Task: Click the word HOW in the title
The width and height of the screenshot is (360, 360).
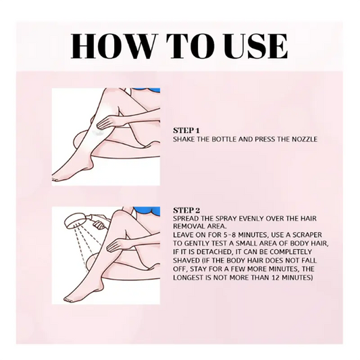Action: [113, 46]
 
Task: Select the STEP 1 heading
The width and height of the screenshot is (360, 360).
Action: [186, 130]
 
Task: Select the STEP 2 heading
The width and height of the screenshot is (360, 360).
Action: [186, 210]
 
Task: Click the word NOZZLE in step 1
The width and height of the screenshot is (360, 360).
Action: [305, 139]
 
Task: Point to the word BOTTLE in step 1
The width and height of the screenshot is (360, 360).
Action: [224, 139]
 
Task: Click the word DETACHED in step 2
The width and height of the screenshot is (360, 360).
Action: [213, 252]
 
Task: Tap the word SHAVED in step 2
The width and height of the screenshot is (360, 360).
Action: [184, 260]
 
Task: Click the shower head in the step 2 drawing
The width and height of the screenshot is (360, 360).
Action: [74, 221]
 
